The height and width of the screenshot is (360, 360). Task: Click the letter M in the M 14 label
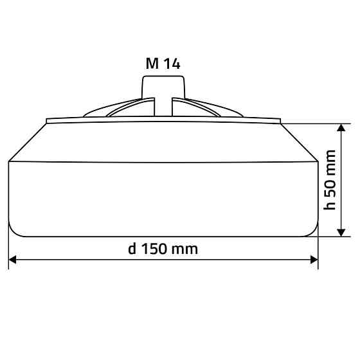152,64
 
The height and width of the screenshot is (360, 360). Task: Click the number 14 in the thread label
172,64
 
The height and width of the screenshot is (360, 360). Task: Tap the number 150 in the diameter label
154,249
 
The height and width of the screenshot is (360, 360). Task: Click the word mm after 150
186,250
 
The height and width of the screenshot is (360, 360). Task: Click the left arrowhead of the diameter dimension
12,260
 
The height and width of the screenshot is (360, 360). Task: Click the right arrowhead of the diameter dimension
314,260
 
